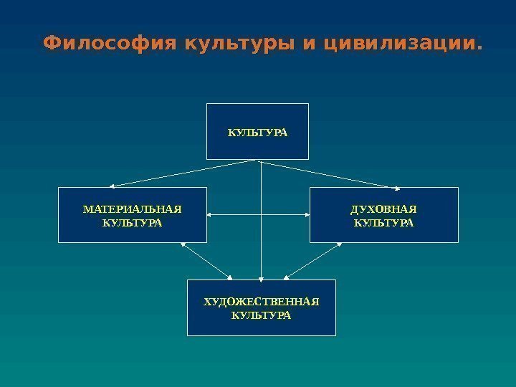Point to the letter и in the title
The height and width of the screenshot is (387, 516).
point(310,45)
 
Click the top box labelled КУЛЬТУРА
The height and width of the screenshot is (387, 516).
point(257,131)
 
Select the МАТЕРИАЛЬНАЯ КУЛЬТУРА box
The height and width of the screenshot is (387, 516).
point(132,215)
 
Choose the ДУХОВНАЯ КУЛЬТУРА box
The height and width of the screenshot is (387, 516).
point(383,215)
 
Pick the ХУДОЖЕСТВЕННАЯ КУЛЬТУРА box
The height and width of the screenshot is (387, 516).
point(261,307)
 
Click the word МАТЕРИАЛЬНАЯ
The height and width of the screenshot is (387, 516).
point(133,209)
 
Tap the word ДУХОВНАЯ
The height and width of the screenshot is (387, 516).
point(384,209)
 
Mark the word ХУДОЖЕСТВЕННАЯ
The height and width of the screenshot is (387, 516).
point(262,302)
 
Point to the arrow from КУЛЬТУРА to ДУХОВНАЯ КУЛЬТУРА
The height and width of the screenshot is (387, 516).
point(330,174)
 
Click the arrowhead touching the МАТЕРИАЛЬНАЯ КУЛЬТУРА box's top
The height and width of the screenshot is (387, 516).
point(113,186)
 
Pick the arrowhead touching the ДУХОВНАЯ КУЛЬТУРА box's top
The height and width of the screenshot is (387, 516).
point(398,188)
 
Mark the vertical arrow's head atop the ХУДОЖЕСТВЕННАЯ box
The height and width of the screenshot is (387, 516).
point(262,277)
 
